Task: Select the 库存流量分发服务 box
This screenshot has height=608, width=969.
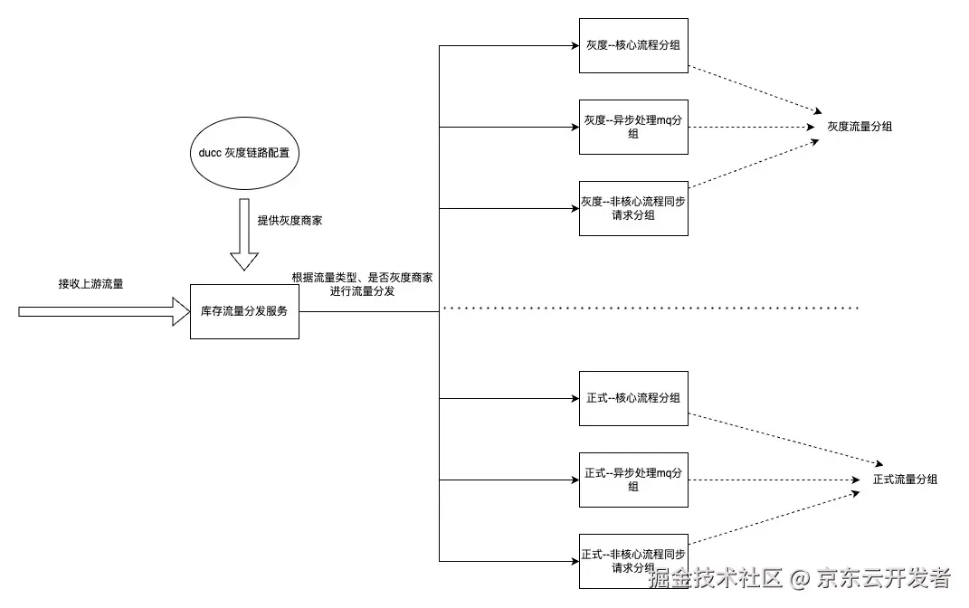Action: (x=244, y=311)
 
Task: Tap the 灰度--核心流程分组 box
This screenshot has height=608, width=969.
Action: (x=633, y=44)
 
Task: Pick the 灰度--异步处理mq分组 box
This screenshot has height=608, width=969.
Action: (x=633, y=127)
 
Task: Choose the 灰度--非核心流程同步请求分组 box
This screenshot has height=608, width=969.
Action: (x=633, y=208)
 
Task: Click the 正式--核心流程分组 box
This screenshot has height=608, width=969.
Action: (x=633, y=398)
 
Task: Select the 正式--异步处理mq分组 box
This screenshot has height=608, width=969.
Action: (x=633, y=480)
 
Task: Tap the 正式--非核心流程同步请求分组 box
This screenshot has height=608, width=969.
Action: (x=633, y=561)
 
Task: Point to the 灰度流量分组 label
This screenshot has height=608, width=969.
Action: (x=860, y=127)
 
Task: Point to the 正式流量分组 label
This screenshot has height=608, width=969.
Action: (x=905, y=480)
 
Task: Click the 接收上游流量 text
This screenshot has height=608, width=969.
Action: (x=91, y=284)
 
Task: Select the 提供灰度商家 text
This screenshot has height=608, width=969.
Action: (x=289, y=221)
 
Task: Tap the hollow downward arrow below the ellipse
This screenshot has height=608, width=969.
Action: (x=244, y=235)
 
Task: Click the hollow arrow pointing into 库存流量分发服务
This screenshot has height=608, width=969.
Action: (x=100, y=311)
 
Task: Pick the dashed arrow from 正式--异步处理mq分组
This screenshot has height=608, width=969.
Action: (x=769, y=480)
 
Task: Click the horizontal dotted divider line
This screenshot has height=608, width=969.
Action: (x=651, y=309)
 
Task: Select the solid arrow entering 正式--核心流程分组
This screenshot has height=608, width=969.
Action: (x=507, y=398)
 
